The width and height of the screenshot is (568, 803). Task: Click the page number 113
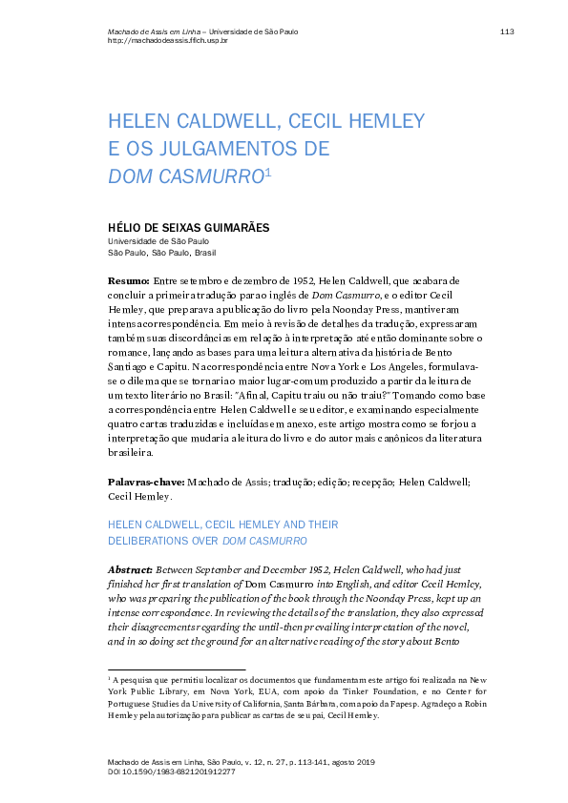pos(507,31)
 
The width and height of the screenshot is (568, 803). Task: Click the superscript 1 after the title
pos(268,172)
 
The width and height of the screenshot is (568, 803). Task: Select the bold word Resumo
pos(127,282)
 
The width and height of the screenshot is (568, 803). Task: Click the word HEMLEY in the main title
pos(379,122)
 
